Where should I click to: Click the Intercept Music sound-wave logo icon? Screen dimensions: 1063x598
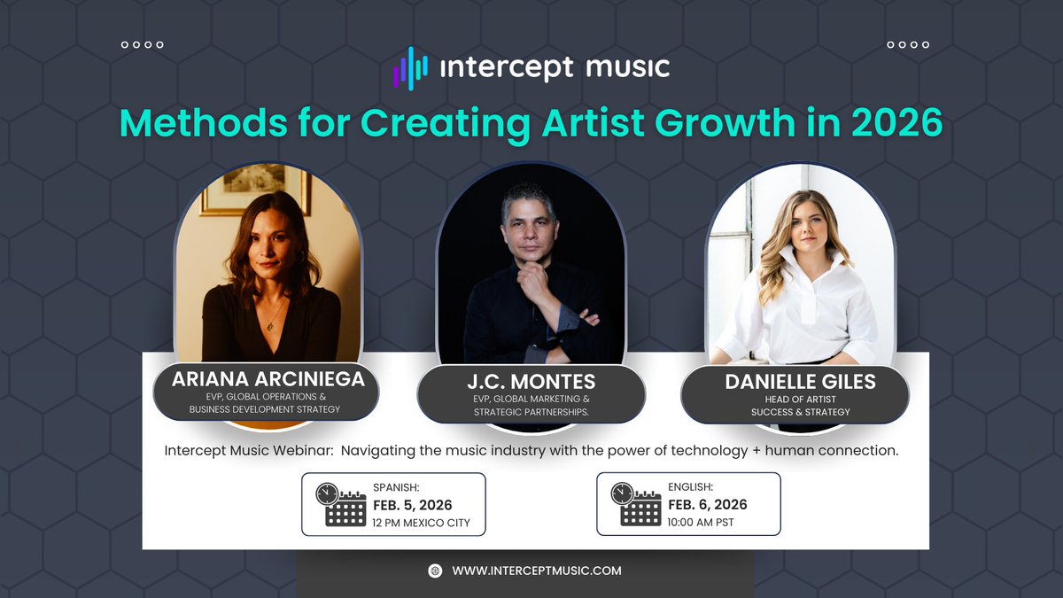(410, 68)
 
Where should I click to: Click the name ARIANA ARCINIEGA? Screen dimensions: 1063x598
(268, 379)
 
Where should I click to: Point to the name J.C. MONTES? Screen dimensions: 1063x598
(531, 382)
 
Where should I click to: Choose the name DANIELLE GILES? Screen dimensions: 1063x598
(800, 382)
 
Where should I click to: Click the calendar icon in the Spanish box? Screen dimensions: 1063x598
(341, 504)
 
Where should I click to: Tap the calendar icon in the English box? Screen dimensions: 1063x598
(636, 504)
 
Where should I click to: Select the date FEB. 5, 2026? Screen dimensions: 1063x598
(413, 505)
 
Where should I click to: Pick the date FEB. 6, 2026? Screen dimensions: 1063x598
(708, 504)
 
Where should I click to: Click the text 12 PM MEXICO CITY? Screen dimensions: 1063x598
(421, 523)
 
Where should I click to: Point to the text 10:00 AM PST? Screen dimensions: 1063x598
(701, 523)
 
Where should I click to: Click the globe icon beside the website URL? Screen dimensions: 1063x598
(435, 571)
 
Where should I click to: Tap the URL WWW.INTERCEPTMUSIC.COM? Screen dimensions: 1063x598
(537, 571)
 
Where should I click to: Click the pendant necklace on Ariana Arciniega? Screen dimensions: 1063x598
(270, 326)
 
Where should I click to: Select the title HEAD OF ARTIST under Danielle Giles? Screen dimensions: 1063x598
(800, 400)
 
